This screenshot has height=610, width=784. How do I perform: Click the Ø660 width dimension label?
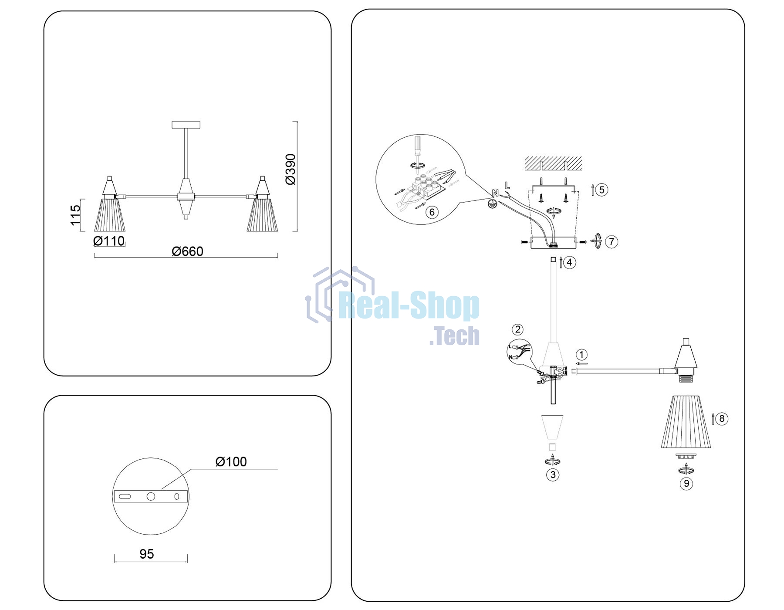187,251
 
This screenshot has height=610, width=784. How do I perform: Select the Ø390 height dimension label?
291,169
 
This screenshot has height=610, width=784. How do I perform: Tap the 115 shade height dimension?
75,215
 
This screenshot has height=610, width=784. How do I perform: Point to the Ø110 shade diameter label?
109,241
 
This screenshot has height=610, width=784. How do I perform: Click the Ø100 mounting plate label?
231,461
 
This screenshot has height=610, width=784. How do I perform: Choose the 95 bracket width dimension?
147,554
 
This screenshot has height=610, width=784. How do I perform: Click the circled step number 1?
581,355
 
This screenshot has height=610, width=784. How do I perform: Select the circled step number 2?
517,329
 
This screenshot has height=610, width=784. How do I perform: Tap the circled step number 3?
553,474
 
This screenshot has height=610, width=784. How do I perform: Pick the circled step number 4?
570,262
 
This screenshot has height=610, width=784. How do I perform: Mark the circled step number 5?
602,190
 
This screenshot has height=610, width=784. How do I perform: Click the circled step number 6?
432,212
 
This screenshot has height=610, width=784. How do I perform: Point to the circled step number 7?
612,241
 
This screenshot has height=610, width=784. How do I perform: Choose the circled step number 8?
722,419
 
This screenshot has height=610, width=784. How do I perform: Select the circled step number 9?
686,483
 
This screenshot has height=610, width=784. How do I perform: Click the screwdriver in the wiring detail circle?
418,150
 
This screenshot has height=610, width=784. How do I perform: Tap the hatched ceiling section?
553,163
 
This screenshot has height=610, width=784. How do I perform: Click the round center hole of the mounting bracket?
151,496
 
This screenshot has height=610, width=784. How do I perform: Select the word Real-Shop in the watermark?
409,306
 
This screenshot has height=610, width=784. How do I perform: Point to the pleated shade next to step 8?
686,422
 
